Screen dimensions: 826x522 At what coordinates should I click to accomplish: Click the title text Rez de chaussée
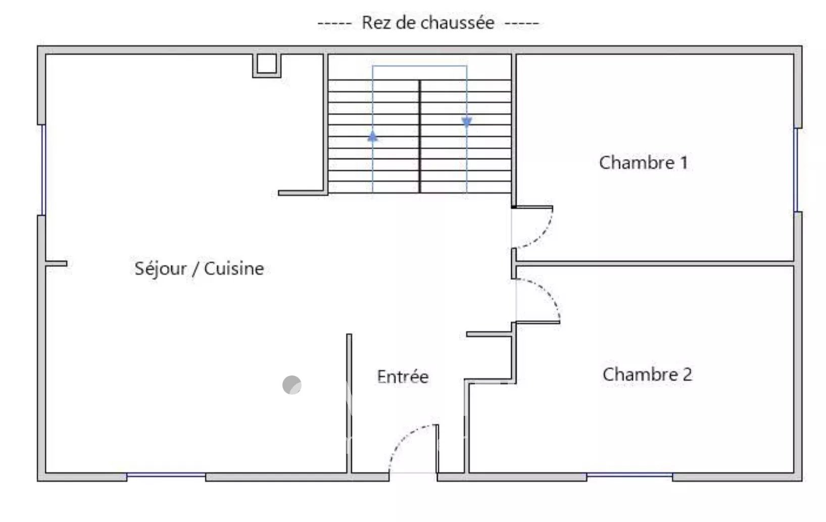coord(428,23)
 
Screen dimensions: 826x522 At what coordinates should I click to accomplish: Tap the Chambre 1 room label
coord(644,162)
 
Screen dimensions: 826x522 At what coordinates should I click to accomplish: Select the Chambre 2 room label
coord(648,374)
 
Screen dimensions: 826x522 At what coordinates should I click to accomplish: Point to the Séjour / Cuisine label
coord(199,268)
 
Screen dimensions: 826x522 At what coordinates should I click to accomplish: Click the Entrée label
coord(403,376)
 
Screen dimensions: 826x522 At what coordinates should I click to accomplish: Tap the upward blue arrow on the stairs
coord(372,136)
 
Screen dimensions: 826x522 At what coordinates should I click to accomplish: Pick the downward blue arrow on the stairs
coord(467,122)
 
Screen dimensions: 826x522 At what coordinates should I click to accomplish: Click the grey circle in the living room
coord(291,385)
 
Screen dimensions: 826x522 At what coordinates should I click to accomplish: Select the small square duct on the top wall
coord(267,66)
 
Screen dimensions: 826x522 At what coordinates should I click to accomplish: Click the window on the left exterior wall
coord(43,170)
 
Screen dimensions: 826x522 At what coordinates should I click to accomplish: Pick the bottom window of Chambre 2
coord(629,475)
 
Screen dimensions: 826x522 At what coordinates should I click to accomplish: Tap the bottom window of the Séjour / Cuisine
coord(166,475)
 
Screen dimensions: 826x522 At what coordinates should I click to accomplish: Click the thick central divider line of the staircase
coord(420,136)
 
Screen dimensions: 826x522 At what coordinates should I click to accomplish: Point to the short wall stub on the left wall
coord(56,263)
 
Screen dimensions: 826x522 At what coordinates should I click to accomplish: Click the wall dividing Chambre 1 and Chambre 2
coord(655,263)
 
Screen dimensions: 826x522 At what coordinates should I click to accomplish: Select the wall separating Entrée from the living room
coord(349,403)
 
